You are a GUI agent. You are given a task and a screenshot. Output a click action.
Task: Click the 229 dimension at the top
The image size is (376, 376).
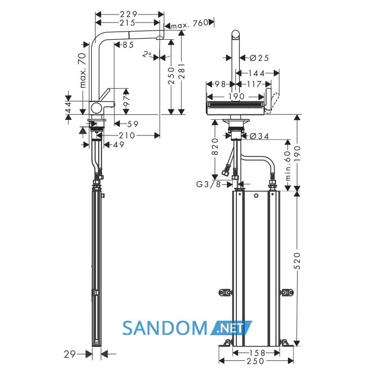pos(128,15)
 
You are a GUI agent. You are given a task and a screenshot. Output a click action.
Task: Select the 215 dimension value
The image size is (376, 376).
pos(128,23)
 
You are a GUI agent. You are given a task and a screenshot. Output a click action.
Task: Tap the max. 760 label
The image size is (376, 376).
pos(190,24)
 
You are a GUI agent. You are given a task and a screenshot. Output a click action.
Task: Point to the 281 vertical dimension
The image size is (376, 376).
pos(182,71)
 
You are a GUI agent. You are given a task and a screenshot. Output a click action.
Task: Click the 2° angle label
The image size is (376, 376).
pos(147,55)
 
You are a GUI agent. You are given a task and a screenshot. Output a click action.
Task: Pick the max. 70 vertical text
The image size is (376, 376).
pos(83,70)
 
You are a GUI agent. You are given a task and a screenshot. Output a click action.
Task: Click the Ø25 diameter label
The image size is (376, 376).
pos(259,58)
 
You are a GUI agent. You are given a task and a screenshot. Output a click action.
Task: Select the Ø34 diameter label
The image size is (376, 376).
pos(259,136)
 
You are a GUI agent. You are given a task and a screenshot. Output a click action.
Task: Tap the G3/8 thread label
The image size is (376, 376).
pos(208,184)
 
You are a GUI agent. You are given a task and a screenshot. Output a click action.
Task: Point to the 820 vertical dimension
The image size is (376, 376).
pos(215,147)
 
